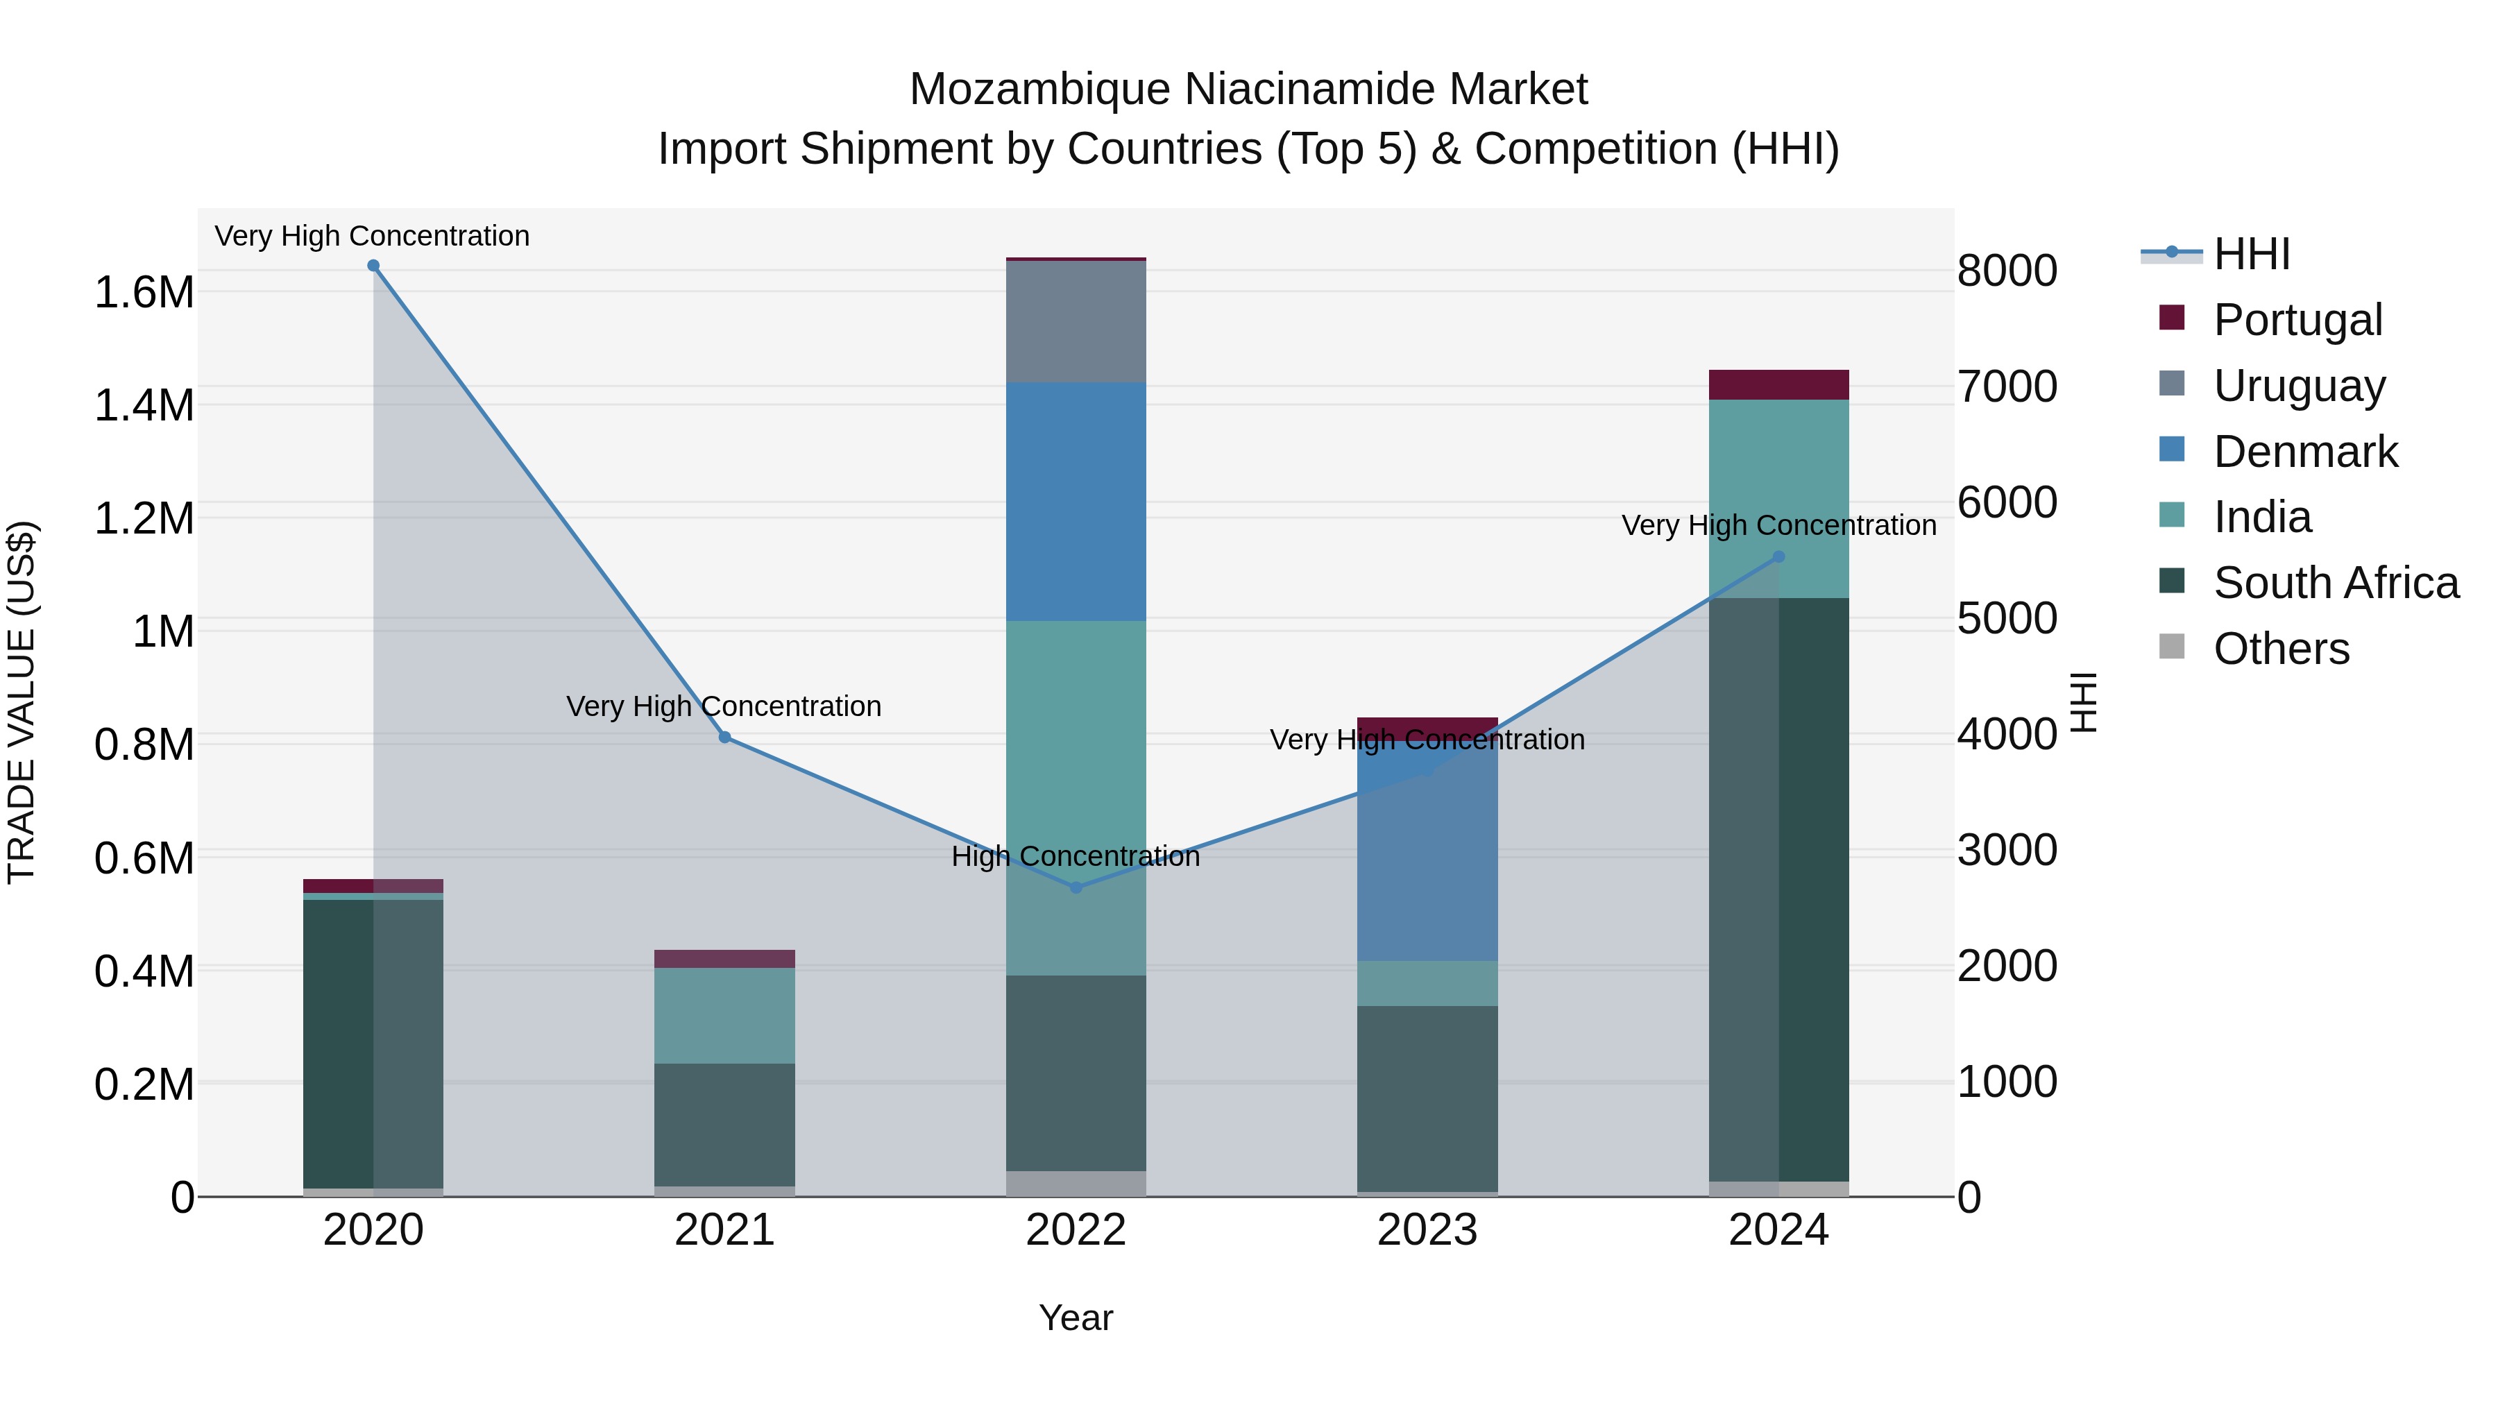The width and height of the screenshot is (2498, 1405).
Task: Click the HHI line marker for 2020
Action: pyautogui.click(x=373, y=266)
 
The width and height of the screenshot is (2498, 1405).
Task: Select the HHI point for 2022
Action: pyautogui.click(x=1076, y=888)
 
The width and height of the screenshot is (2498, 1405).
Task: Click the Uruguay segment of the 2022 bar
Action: pyautogui.click(x=1076, y=322)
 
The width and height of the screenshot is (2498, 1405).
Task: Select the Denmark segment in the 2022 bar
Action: pyautogui.click(x=1076, y=502)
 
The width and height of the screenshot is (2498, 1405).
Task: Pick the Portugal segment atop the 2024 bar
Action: pyautogui.click(x=1778, y=385)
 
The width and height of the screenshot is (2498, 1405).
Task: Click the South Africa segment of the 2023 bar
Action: pyautogui.click(x=1427, y=1098)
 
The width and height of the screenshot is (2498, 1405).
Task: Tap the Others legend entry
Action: pyautogui.click(x=2281, y=649)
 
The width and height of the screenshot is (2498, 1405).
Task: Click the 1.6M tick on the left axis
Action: pyautogui.click(x=144, y=293)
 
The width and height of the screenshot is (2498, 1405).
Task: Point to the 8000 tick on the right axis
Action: pyautogui.click(x=2006, y=271)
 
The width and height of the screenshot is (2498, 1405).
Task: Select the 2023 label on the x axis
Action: pyautogui.click(x=1427, y=1230)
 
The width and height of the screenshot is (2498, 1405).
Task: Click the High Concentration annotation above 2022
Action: pyautogui.click(x=1076, y=856)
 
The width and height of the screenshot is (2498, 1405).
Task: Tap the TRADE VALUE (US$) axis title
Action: pyautogui.click(x=22, y=702)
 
